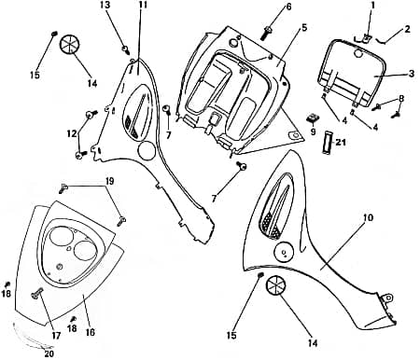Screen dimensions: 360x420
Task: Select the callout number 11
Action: [143, 6]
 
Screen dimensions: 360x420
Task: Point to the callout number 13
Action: [105, 6]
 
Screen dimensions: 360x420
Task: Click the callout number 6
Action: [288, 7]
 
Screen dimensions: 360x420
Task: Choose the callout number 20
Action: [49, 353]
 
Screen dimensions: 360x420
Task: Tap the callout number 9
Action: [314, 132]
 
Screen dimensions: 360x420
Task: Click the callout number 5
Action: [303, 29]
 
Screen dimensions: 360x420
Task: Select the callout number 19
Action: [110, 180]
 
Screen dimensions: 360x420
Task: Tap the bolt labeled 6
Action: [269, 30]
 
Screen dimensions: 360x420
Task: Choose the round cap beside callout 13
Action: [71, 43]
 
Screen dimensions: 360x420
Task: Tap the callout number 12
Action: [72, 133]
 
